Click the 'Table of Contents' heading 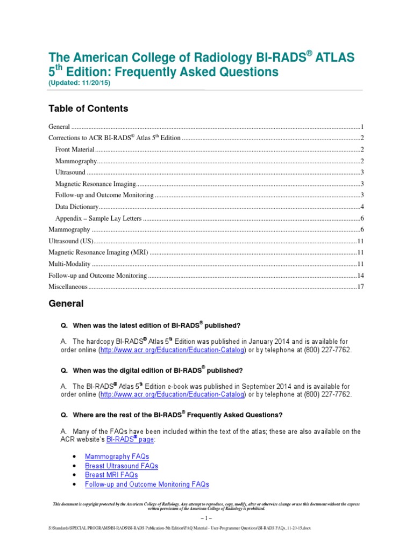click(88, 108)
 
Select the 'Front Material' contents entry click(75, 149)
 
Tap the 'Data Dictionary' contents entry click(77, 207)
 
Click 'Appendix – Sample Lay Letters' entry click(98, 218)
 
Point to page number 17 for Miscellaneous click(361, 287)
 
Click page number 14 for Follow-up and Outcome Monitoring click(361, 276)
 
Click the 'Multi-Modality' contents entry click(69, 264)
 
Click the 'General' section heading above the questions click(66, 303)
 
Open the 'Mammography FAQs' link click(117, 457)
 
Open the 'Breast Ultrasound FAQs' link click(122, 466)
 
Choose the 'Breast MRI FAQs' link click(111, 475)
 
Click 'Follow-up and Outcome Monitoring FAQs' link click(147, 484)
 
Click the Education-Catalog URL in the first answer click(173, 350)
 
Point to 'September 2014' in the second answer click(266, 386)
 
